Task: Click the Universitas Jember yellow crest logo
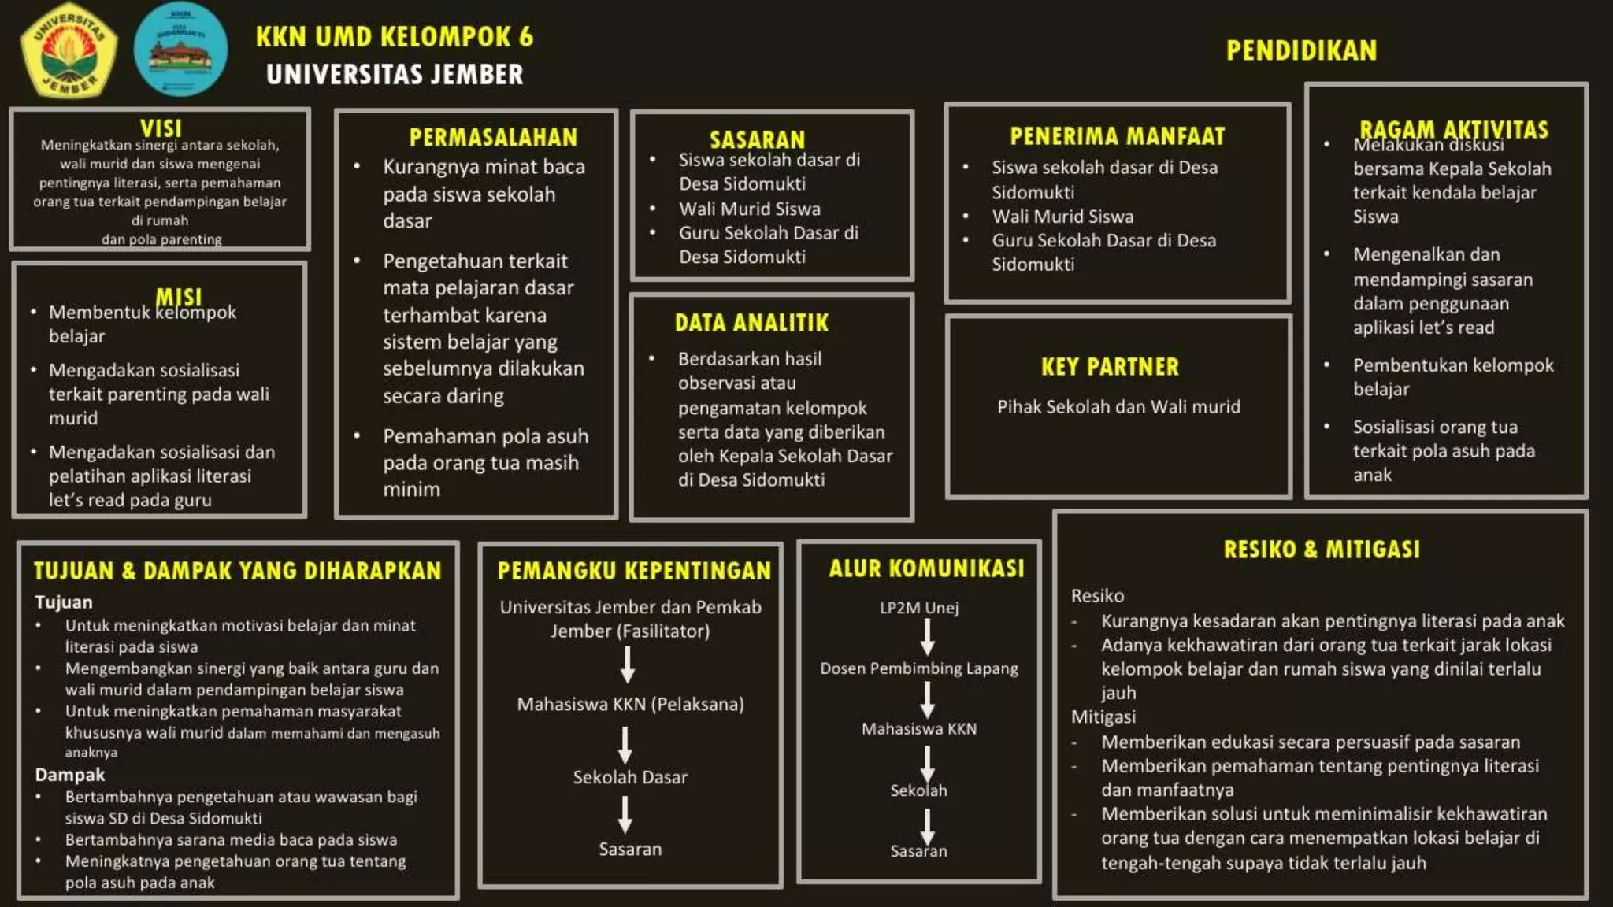70,49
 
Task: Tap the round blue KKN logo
181,49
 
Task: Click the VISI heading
161,128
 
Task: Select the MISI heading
179,297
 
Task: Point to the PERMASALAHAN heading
493,137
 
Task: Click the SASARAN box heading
757,139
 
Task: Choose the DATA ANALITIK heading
751,323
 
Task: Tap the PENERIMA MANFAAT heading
1117,136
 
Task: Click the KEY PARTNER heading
1110,367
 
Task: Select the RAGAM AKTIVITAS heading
1453,129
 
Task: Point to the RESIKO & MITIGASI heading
1322,550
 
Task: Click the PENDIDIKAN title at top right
1301,51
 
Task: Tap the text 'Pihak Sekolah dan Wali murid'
1118,407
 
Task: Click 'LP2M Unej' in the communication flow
918,608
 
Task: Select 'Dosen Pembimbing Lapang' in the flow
918,668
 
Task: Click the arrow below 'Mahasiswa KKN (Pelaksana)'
625,744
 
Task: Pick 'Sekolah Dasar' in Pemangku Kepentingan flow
630,777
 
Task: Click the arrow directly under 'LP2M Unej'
928,637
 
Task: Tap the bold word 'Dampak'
69,775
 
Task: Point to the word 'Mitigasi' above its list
1103,717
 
